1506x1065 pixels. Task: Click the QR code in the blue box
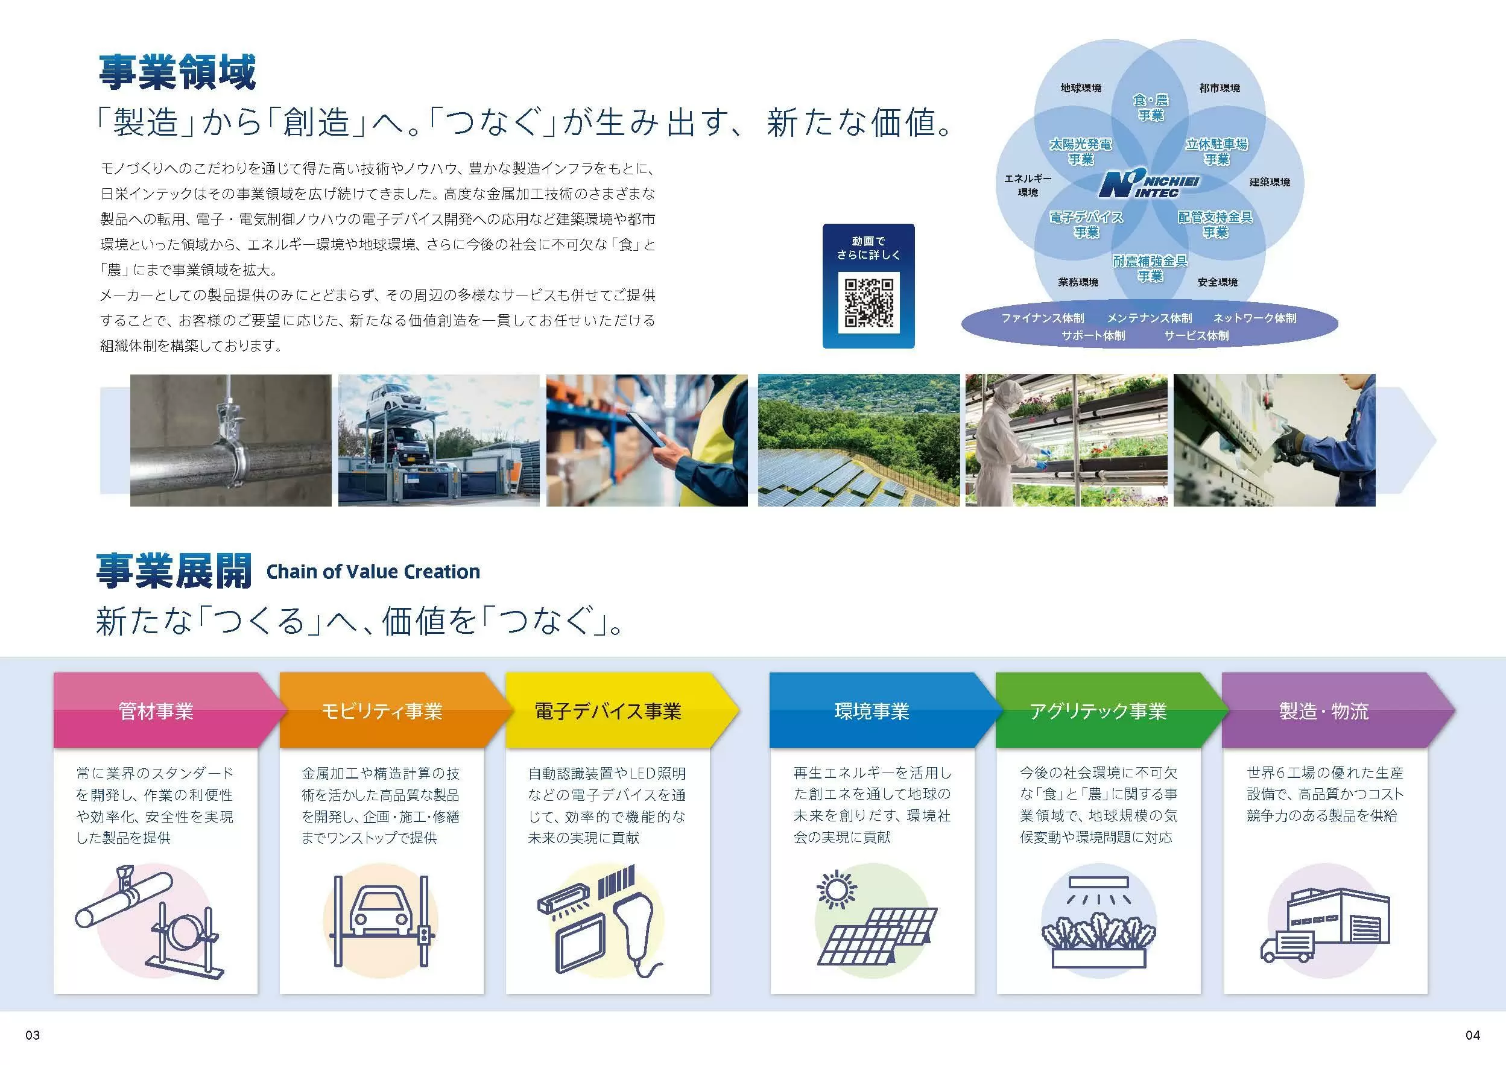pyautogui.click(x=868, y=303)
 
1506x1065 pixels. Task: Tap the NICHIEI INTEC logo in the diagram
pyautogui.click(x=1149, y=185)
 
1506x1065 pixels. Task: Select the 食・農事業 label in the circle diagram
pyautogui.click(x=1151, y=107)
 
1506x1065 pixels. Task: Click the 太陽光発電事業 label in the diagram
pyautogui.click(x=1080, y=151)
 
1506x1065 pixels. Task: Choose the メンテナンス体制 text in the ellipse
pyautogui.click(x=1149, y=318)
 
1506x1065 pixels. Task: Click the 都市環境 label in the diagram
pyautogui.click(x=1220, y=88)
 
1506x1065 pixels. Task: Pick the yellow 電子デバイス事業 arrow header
pyautogui.click(x=621, y=710)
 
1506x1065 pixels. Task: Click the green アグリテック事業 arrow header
pyautogui.click(x=1111, y=710)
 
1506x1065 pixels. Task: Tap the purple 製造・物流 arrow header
pyautogui.click(x=1338, y=710)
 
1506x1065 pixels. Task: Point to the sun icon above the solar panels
pyautogui.click(x=837, y=890)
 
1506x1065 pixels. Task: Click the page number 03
pyautogui.click(x=33, y=1035)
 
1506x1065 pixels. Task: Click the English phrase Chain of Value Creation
pyautogui.click(x=373, y=572)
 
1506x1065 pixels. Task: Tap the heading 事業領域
pyautogui.click(x=177, y=72)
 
